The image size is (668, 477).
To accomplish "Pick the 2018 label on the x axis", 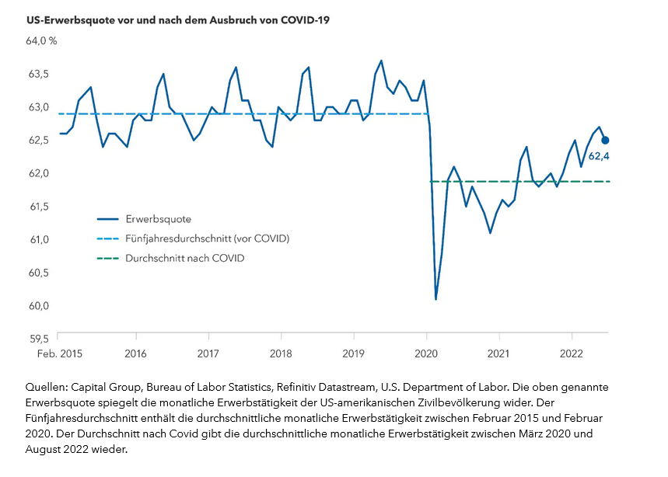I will (x=282, y=354).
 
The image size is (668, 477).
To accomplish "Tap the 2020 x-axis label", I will (x=427, y=354).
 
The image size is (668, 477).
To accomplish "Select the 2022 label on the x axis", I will (x=572, y=354).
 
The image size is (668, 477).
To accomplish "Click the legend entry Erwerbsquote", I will (x=158, y=219).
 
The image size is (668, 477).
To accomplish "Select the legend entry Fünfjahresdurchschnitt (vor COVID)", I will (x=207, y=238).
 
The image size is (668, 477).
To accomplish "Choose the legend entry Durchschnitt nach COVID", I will (x=184, y=258).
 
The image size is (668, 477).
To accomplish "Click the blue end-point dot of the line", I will (x=605, y=141).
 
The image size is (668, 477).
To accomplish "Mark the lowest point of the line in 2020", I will (x=435, y=299).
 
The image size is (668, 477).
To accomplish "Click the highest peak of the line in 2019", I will (x=381, y=61).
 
